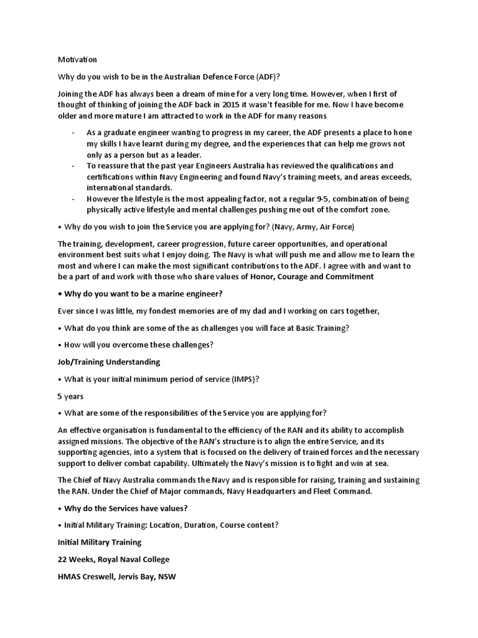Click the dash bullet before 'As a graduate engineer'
[x=74, y=133]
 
